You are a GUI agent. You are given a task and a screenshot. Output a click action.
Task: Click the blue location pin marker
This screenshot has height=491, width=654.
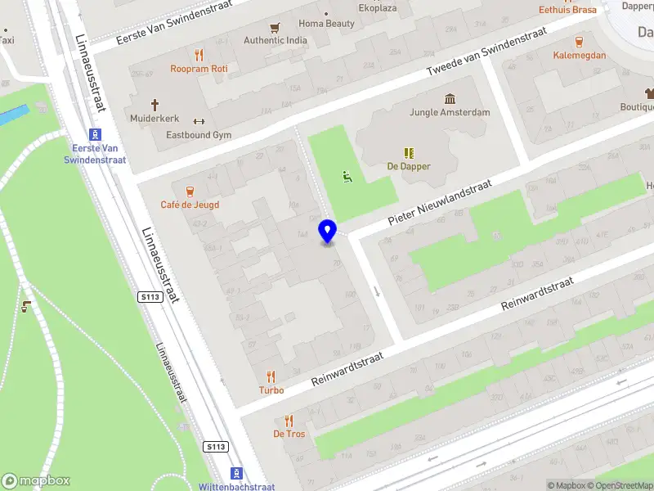point(327,231)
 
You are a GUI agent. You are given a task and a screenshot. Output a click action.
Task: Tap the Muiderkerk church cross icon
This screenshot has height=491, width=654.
point(155,105)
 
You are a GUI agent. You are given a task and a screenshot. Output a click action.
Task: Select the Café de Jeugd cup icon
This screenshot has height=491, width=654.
point(190,191)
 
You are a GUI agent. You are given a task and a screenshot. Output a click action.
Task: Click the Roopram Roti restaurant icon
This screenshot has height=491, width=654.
point(199,56)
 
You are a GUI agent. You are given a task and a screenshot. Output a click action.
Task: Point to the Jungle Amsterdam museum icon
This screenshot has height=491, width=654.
point(449,99)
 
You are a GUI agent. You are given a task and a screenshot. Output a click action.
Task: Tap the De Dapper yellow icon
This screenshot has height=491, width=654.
point(409,153)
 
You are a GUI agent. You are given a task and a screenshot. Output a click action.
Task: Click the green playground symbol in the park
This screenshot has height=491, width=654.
point(347,175)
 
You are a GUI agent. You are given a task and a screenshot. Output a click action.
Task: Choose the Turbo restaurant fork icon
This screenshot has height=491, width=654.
point(271,376)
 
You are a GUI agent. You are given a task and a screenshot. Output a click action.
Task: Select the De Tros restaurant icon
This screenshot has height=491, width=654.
point(289,420)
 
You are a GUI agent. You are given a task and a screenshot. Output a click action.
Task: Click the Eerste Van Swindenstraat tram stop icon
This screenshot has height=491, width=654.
point(96,135)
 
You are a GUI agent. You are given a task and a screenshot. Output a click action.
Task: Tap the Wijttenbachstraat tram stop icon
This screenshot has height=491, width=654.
point(237,473)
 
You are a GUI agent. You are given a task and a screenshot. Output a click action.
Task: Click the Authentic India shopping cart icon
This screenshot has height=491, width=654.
point(275,27)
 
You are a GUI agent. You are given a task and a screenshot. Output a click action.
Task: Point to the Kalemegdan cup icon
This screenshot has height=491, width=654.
point(580,42)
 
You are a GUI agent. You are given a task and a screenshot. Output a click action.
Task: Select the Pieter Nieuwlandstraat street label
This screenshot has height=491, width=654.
point(439,202)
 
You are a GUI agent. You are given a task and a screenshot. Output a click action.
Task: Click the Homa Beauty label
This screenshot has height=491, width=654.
point(327,24)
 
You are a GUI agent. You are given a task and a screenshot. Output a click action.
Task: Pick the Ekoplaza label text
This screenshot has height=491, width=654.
point(379,8)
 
